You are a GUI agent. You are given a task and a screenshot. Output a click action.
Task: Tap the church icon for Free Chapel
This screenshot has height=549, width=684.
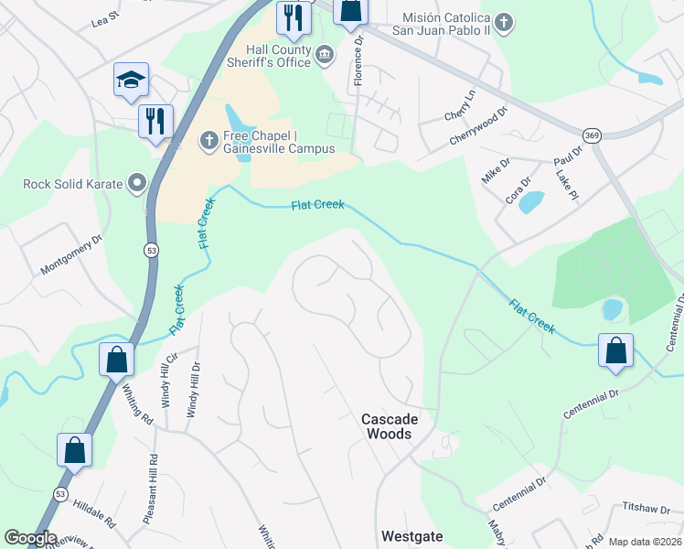pos(208,141)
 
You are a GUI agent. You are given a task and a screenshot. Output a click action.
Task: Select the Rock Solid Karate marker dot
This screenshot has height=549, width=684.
pos(137,184)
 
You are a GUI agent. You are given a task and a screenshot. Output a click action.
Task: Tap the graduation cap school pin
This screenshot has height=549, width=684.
pos(131,80)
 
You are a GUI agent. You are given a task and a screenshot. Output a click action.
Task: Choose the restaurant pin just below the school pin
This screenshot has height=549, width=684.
pos(155,121)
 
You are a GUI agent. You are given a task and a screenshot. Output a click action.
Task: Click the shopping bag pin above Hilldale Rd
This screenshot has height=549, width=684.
pos(74,450)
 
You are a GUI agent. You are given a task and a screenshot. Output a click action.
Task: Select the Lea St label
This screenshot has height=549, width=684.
pos(106,16)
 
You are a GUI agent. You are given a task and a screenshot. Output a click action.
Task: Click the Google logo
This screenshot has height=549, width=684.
pos(30,538)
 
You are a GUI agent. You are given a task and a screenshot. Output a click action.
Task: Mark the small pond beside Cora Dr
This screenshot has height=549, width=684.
pos(531,202)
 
